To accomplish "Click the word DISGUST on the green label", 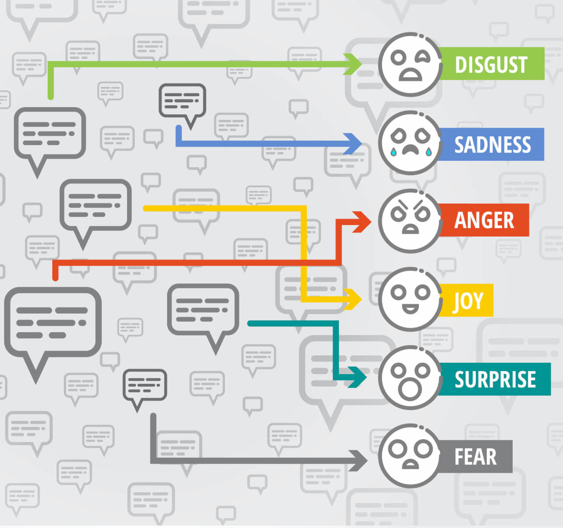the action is pyautogui.click(x=491, y=65).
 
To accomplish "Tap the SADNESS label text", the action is pyautogui.click(x=493, y=145).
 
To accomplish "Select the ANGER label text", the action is pyautogui.click(x=484, y=220).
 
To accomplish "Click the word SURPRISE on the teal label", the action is pyautogui.click(x=495, y=379).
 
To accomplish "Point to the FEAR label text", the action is pyautogui.click(x=475, y=457).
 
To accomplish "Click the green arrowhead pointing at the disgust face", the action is pyautogui.click(x=352, y=64).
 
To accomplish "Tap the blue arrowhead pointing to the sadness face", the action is pyautogui.click(x=352, y=144).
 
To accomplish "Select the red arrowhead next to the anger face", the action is pyautogui.click(x=362, y=222).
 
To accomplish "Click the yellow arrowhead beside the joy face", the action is pyautogui.click(x=352, y=299).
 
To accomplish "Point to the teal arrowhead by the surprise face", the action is pyautogui.click(x=357, y=377).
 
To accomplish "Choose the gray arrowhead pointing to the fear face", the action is pyautogui.click(x=358, y=461).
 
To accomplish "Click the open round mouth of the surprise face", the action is pyautogui.click(x=410, y=389).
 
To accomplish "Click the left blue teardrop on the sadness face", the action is pyautogui.click(x=393, y=152).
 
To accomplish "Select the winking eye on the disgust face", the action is pyautogui.click(x=422, y=56).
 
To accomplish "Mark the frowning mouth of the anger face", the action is pyautogui.click(x=410, y=229).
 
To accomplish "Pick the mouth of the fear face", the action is pyautogui.click(x=410, y=464).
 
